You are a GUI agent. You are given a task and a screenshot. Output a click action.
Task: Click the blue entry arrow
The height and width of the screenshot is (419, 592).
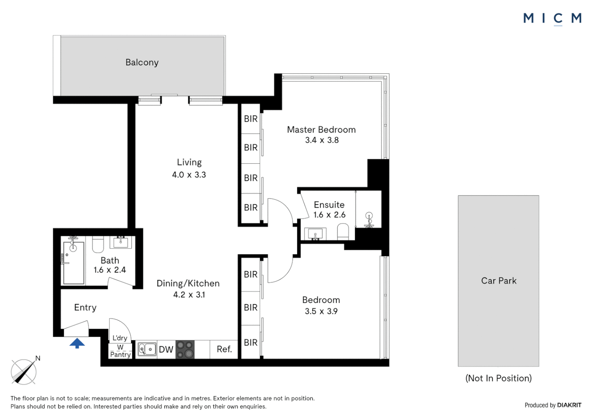click(77, 343)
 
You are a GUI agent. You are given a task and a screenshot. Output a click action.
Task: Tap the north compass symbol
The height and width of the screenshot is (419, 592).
click(24, 371)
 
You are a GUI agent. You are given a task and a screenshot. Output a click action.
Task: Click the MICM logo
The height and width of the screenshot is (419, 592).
click(552, 18)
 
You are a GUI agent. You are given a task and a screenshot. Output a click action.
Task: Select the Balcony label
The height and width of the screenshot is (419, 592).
click(142, 62)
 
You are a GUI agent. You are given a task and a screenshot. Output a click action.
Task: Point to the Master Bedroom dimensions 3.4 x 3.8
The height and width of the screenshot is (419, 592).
click(322, 140)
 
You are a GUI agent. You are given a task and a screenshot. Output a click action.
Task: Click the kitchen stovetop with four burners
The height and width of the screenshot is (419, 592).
click(185, 350)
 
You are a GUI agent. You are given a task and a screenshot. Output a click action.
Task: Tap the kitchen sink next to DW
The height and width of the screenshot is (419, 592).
click(147, 349)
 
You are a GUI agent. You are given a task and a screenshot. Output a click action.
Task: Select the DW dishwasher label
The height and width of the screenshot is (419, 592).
click(166, 350)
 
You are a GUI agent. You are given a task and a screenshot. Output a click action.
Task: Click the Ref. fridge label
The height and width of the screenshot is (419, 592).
click(224, 349)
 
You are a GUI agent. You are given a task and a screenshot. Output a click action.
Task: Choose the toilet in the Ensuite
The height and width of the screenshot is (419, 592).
click(343, 233)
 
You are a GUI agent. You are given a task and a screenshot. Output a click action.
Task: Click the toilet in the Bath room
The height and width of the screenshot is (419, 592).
click(98, 244)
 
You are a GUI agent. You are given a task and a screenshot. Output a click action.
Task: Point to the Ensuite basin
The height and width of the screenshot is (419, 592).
click(315, 234)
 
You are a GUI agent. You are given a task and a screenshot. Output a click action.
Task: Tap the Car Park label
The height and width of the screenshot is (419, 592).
click(499, 281)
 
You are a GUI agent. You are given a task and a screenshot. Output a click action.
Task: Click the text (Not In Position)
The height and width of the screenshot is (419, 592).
click(498, 378)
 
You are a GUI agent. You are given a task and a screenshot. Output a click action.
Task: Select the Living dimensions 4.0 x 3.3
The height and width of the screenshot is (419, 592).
click(189, 175)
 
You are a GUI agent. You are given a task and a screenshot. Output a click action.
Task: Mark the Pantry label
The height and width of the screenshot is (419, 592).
click(120, 355)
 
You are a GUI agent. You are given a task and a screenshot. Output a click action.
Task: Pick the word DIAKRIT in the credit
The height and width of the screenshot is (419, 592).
click(569, 405)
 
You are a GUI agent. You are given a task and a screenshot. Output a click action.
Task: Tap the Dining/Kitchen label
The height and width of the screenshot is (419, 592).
click(188, 284)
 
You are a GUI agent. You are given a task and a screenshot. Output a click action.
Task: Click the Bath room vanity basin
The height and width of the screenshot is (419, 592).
click(121, 242)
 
